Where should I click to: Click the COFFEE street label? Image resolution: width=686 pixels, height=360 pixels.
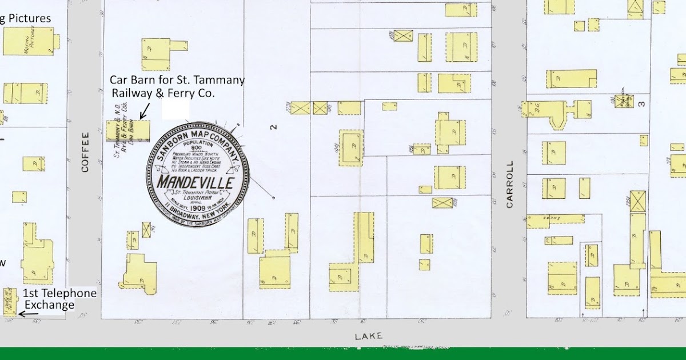tap(85, 152)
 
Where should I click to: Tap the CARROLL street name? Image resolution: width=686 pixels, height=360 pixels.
tap(510, 183)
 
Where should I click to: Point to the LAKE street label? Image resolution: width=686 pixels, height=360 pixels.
tap(368, 336)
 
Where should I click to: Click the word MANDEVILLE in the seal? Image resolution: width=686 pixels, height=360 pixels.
tap(196, 183)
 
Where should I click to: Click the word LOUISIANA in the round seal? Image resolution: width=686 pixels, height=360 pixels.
tap(197, 198)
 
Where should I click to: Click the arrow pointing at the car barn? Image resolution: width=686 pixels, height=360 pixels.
tap(145, 109)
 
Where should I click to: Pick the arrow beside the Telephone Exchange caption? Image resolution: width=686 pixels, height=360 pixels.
tap(29, 314)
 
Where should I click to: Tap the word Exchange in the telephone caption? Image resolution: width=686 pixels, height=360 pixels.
tap(49, 305)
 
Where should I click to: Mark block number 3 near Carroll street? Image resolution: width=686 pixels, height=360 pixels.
tap(642, 104)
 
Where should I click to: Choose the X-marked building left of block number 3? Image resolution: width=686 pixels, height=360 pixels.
tap(623, 101)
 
